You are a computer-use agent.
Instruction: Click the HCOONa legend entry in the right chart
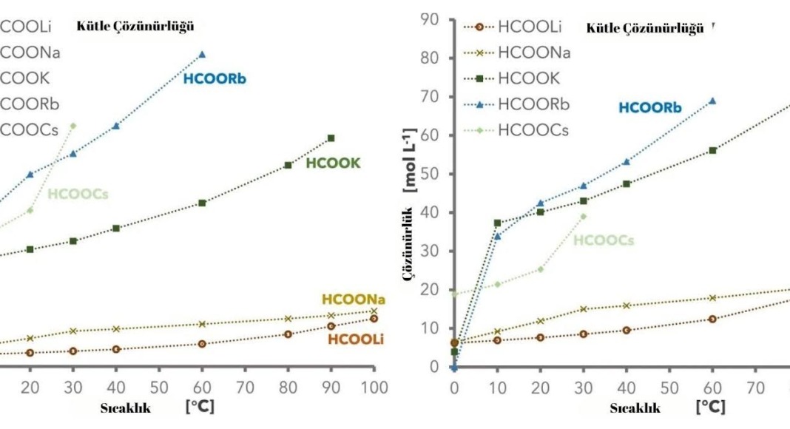tap(533, 53)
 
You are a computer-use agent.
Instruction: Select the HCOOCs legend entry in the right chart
tap(533, 130)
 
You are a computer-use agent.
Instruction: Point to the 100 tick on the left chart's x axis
tap(374, 388)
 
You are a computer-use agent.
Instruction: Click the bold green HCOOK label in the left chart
tap(332, 163)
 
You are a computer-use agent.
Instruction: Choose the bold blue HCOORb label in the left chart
tap(215, 78)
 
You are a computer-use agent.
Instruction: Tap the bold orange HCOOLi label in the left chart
tap(355, 340)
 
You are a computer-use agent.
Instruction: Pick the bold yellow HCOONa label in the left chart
tap(354, 300)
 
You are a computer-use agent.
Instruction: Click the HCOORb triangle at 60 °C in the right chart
tap(712, 101)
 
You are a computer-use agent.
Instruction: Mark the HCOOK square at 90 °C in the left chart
tap(331, 138)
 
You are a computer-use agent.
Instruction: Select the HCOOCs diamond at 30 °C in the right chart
tap(583, 217)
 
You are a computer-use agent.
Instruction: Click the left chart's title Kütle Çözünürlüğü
tap(135, 27)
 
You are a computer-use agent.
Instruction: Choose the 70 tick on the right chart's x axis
tap(755, 388)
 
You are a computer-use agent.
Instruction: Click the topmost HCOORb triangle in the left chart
tap(202, 54)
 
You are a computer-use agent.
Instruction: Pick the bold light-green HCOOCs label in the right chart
tap(604, 240)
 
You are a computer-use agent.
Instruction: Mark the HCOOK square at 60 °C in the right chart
tap(712, 150)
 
